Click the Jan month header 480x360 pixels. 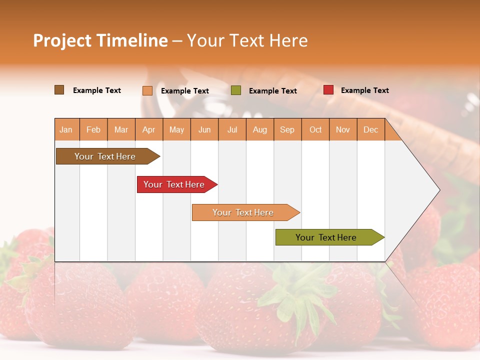click(x=66, y=129)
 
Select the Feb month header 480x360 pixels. click(x=93, y=129)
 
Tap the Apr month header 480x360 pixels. click(x=148, y=129)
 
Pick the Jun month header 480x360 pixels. click(x=204, y=129)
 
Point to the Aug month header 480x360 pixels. click(x=260, y=129)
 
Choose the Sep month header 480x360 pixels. click(x=287, y=129)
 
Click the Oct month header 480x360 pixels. click(x=315, y=129)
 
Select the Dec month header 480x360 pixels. click(x=370, y=129)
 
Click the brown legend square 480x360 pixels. click(x=59, y=90)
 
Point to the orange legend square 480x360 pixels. click(x=147, y=90)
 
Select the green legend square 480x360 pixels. click(x=236, y=90)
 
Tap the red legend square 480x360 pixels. click(x=328, y=90)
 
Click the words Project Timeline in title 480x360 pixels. click(x=100, y=40)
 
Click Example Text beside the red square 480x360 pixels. click(x=364, y=90)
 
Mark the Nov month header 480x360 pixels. click(x=343, y=129)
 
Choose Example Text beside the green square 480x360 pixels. click(x=272, y=91)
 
